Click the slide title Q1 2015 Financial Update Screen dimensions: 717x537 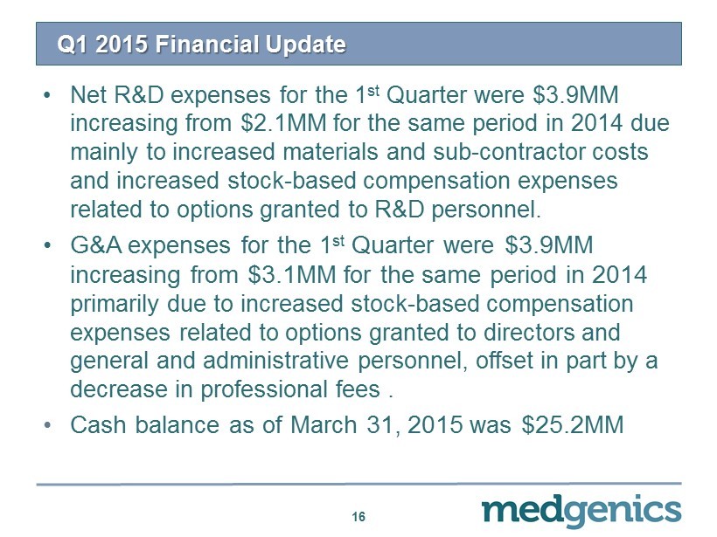[x=201, y=45]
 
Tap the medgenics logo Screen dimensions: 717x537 [x=581, y=511]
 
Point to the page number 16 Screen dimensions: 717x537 [x=358, y=516]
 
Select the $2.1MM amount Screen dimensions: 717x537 [x=283, y=123]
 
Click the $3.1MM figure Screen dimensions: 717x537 [x=292, y=274]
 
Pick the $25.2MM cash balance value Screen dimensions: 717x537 [x=573, y=424]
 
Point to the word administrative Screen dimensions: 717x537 [x=275, y=360]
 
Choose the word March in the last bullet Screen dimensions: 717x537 [x=324, y=424]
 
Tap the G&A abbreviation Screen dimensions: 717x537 [x=96, y=245]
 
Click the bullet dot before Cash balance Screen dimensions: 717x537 [x=46, y=425]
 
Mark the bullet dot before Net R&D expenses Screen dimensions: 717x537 [x=46, y=95]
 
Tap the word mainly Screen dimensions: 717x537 [x=104, y=153]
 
